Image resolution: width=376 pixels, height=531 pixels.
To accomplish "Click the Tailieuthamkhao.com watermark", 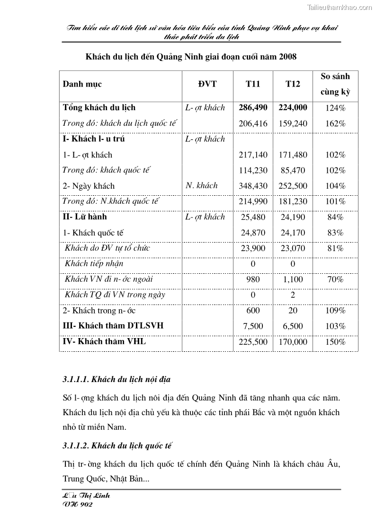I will pos(340,7).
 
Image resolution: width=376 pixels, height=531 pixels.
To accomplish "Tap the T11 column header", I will pos(252,84).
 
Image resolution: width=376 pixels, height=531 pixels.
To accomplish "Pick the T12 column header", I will pos(293,84).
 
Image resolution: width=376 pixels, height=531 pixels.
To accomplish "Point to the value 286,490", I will pos(253,108).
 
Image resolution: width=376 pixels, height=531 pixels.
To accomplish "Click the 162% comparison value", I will pos(335,123).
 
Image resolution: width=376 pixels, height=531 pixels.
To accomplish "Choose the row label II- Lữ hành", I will pos(85,217).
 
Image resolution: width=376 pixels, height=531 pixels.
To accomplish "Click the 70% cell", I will pos(335,279).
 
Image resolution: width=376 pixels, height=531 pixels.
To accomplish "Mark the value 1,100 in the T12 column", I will pos(293,279).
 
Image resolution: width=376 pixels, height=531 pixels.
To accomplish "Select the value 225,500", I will pos(253,342).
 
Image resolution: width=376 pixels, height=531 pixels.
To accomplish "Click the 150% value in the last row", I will pos(335,342).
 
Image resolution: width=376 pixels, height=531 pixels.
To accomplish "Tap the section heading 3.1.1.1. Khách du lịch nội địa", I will pos(116,380).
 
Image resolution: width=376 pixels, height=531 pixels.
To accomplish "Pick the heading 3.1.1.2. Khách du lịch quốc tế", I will pos(116,445).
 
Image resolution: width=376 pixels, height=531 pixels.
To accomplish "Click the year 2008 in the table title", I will pos(287,57).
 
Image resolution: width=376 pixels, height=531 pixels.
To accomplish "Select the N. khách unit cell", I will pos(202,186).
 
